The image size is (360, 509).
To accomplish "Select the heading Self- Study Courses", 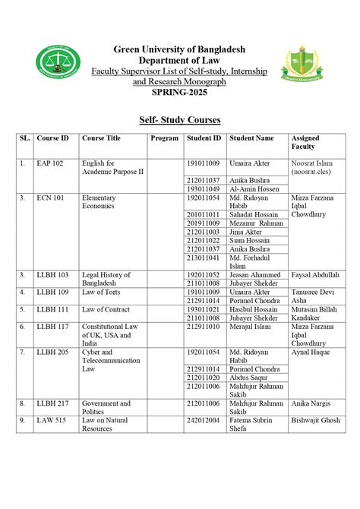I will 179,120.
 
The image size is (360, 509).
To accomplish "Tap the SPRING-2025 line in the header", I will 179,92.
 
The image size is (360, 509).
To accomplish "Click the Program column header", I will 164,138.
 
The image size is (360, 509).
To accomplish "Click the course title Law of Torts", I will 99,292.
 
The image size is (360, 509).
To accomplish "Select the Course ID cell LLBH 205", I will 52,353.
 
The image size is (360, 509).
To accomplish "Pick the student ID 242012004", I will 203,419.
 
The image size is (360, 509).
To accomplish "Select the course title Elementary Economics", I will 99,201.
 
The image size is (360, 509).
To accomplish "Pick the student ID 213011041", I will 203,257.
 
